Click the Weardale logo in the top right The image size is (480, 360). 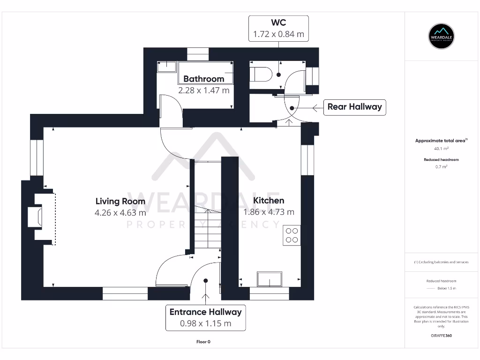point(442,36)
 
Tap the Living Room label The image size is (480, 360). point(120,201)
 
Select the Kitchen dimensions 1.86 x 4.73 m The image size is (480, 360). point(269,212)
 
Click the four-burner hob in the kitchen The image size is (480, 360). point(292,235)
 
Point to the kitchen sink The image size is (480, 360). point(270,279)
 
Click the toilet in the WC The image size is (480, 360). point(261,74)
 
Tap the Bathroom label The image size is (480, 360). point(203,79)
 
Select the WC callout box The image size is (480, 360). point(278,29)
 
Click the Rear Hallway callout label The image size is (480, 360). point(354,107)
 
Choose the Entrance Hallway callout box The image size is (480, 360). point(205,317)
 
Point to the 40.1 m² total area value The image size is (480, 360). point(441,149)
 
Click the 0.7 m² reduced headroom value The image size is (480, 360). point(441,166)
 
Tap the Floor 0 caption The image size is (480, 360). point(203,342)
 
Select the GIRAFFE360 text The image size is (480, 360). point(441,336)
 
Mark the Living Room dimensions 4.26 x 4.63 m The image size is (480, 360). point(120,212)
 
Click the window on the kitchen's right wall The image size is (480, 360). point(308,160)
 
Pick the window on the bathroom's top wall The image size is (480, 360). point(197,54)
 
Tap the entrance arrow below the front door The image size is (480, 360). point(205,297)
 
